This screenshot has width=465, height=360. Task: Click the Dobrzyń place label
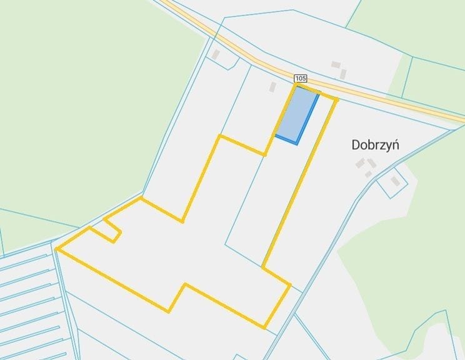375,145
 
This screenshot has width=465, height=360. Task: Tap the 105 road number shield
300,78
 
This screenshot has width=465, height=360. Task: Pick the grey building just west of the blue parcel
272,87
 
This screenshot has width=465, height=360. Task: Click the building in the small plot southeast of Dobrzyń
395,181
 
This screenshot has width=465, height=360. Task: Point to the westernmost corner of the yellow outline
56,249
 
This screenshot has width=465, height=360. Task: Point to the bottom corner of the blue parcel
296,144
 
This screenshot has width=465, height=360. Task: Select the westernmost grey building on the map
216,55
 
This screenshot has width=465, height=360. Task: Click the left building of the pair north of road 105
336,64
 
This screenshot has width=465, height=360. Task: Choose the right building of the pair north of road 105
343,74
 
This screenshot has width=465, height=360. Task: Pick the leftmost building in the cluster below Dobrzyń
360,163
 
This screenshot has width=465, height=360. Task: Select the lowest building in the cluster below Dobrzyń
369,174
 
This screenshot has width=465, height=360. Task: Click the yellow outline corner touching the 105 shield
296,85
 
